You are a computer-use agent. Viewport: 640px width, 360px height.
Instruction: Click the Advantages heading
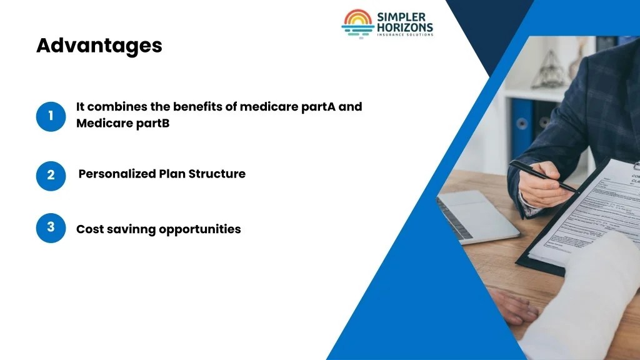99,46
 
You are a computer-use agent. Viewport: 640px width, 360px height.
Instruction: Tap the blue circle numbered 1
51,116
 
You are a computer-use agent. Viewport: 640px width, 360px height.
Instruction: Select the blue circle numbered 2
51,176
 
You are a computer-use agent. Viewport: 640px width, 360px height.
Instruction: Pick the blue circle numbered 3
51,227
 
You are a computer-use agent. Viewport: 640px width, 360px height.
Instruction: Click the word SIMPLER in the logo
402,17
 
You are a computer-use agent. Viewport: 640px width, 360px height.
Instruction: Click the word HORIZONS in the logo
405,27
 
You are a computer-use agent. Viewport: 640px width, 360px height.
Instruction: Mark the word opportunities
200,229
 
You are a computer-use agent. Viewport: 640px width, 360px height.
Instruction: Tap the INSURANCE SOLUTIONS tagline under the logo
405,35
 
